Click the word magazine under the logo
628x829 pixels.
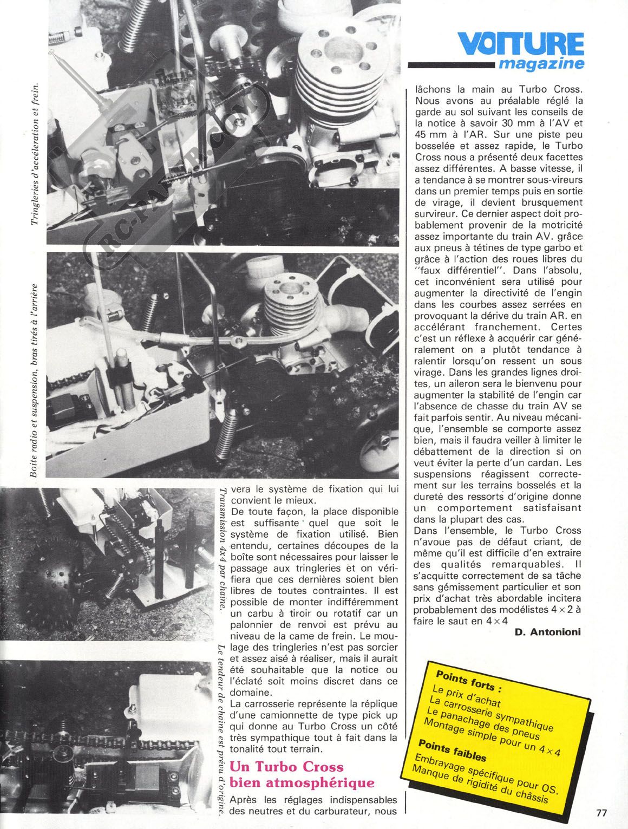[x=541, y=64]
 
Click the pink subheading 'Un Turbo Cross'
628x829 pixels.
[x=287, y=767]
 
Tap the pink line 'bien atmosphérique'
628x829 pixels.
[x=302, y=782]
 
